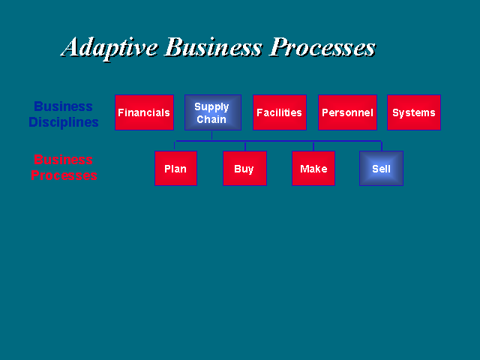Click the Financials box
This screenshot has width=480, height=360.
click(x=144, y=112)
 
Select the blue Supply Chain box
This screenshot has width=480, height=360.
click(x=213, y=112)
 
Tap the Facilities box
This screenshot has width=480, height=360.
click(x=280, y=112)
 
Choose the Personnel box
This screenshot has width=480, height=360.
click(x=347, y=112)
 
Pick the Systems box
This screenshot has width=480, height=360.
click(x=414, y=112)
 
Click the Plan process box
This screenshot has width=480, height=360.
click(x=175, y=168)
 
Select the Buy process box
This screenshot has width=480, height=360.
click(x=244, y=168)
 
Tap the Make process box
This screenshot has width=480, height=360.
click(x=313, y=168)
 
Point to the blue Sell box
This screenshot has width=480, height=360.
click(x=381, y=168)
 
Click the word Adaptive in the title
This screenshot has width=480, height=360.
click(x=109, y=48)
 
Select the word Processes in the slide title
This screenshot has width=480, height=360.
click(x=322, y=47)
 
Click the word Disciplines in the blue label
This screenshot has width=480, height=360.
click(x=64, y=122)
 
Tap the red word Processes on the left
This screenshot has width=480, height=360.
click(x=64, y=175)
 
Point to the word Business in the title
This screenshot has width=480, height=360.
click(x=214, y=46)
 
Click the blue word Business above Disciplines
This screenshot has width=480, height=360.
click(x=63, y=106)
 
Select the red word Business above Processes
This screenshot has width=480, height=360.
click(x=63, y=160)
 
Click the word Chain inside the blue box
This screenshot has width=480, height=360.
click(x=211, y=119)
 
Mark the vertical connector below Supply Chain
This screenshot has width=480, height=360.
click(x=211, y=135)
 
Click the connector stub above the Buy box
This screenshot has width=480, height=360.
click(x=245, y=146)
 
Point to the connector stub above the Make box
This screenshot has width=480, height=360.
click(x=313, y=146)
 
